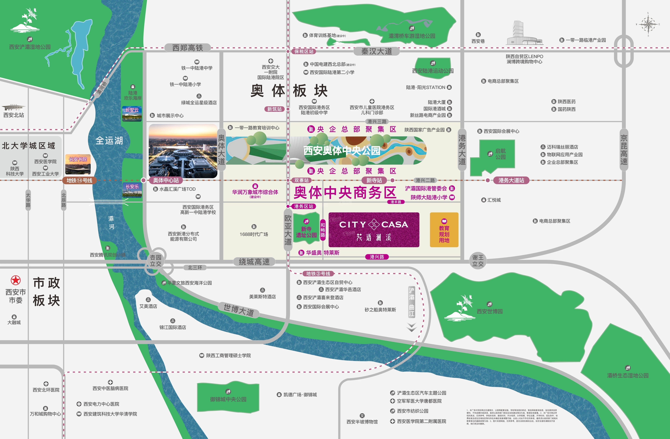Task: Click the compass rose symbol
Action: coord(648,24)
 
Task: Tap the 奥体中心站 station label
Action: coord(166,180)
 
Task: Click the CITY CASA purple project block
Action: coord(374,230)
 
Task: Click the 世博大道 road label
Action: coord(239,310)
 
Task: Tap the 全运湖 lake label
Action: coord(109,141)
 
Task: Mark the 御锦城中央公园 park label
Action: coord(228,399)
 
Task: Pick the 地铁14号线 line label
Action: coord(79,180)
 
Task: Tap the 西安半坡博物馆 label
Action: coord(362,422)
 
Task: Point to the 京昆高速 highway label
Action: coord(624,150)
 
